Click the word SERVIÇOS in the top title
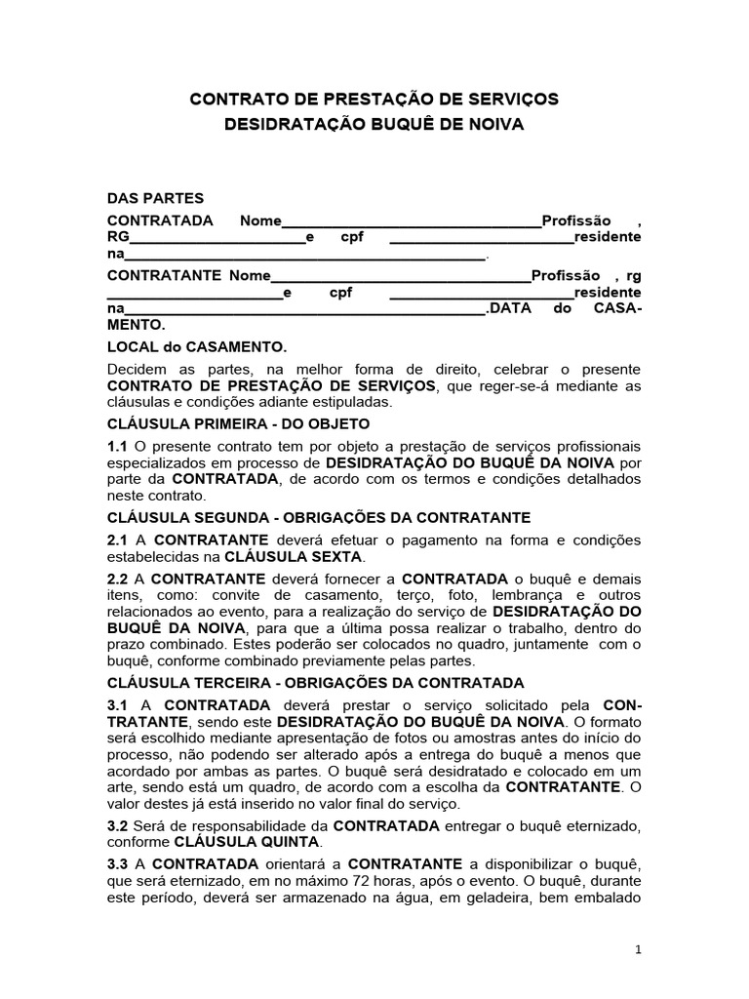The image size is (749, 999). click(x=512, y=99)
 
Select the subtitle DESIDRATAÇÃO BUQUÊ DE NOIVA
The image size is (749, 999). click(x=374, y=125)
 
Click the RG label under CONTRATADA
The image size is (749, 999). click(x=117, y=237)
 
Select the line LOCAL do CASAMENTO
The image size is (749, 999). click(x=196, y=347)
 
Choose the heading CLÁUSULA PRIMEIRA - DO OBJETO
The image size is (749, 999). click(x=238, y=424)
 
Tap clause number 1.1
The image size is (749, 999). click(x=117, y=446)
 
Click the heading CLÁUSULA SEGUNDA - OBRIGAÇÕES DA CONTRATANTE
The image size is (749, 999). click(x=318, y=518)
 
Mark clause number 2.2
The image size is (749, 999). click(x=117, y=579)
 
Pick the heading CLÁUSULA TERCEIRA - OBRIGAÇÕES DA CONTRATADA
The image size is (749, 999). click(x=315, y=683)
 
